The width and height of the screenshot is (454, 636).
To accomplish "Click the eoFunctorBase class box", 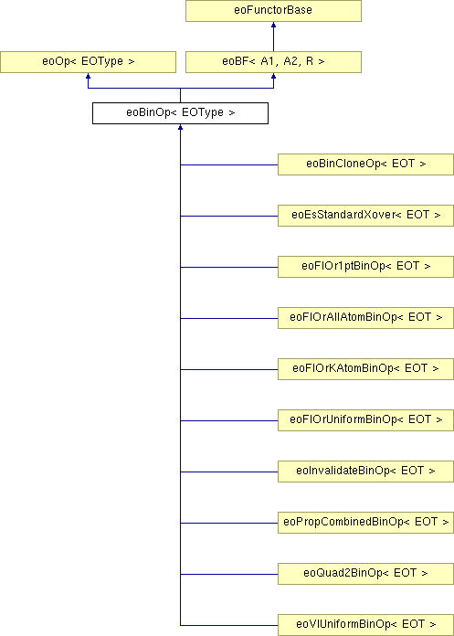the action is [x=273, y=11].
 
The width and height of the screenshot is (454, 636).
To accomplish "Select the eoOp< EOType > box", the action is [x=88, y=62].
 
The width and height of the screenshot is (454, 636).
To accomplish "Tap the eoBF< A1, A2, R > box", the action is [x=273, y=62].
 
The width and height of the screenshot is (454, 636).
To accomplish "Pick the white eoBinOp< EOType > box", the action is [x=180, y=113].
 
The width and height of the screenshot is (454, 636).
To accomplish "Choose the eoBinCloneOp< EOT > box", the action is [x=365, y=164].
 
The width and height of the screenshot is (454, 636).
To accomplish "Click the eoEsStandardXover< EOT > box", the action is [x=365, y=216].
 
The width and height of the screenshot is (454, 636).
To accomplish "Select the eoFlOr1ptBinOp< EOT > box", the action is [x=365, y=267].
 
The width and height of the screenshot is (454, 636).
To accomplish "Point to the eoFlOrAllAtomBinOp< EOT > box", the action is [x=365, y=318].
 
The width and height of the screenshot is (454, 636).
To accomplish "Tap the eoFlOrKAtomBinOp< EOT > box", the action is [x=365, y=368].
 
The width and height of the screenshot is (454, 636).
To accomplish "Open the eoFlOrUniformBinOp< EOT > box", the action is [x=365, y=419].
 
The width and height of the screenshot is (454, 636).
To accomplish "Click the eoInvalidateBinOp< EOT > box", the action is [x=365, y=472].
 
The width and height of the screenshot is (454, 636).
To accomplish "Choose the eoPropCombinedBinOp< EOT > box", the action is [x=365, y=523].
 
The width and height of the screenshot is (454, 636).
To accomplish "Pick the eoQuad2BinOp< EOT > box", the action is [x=365, y=574].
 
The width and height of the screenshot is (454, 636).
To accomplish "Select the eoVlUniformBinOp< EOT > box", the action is [x=365, y=625].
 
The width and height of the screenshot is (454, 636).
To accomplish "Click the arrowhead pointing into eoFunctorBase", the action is [x=273, y=25].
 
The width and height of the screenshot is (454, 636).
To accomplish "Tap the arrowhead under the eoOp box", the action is [x=88, y=76].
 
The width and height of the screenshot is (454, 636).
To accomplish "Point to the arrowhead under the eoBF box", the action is [x=273, y=76].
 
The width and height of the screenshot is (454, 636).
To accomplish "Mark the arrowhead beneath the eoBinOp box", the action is [x=180, y=127].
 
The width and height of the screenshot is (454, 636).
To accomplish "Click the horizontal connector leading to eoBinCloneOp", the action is [x=229, y=164].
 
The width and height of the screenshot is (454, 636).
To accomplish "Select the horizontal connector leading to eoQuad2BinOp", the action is [x=229, y=574].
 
